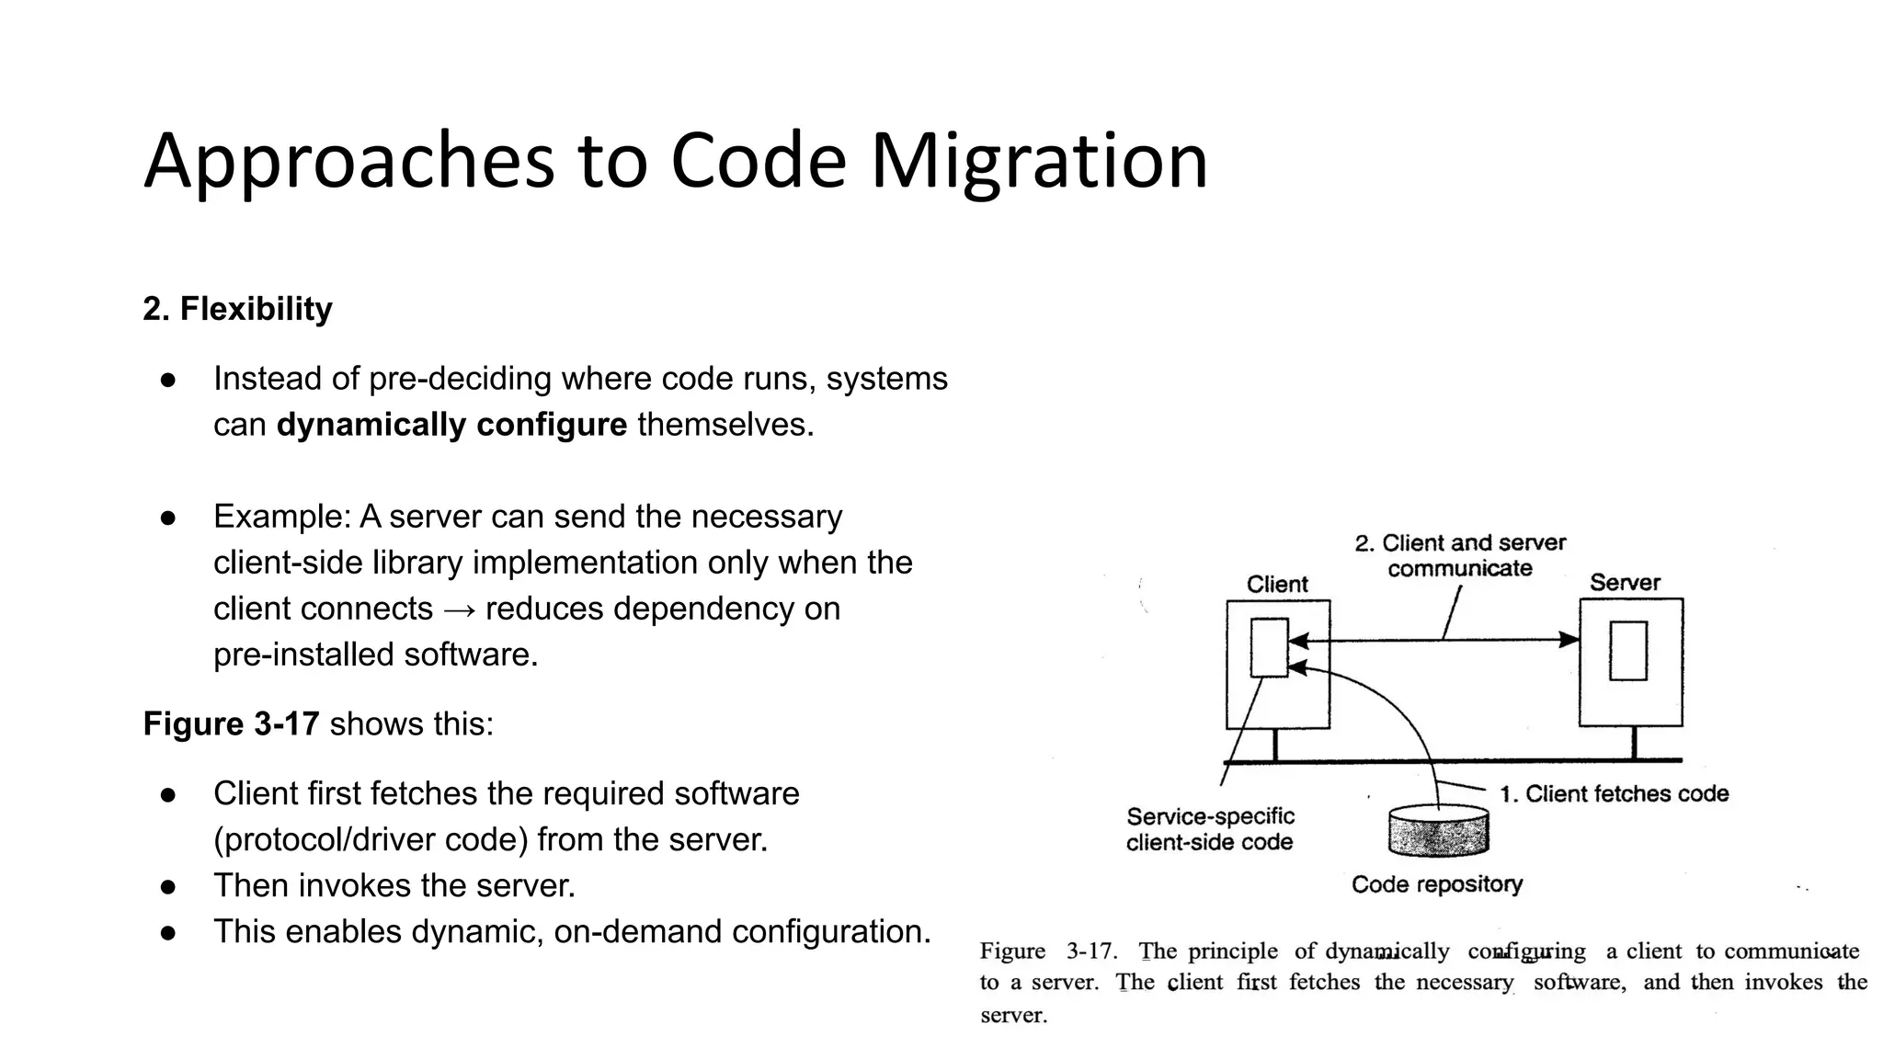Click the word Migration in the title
click(x=1038, y=161)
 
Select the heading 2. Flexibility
click(x=237, y=309)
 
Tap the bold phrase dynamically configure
click(x=451, y=425)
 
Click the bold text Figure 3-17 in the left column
click(x=231, y=723)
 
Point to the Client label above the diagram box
click(x=1276, y=584)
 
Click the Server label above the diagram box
click(x=1625, y=582)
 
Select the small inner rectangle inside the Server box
click(x=1627, y=650)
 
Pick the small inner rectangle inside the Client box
click(x=1269, y=648)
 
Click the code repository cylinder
click(x=1438, y=830)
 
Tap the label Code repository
click(x=1436, y=884)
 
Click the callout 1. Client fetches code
click(x=1614, y=793)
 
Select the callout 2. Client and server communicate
click(x=1459, y=555)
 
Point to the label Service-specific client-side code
click(x=1209, y=829)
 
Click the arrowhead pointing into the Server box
click(x=1569, y=640)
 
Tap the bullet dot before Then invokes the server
click(x=167, y=886)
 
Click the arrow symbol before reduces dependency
click(x=459, y=609)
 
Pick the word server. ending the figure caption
click(x=1013, y=1016)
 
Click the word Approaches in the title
click(x=349, y=161)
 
